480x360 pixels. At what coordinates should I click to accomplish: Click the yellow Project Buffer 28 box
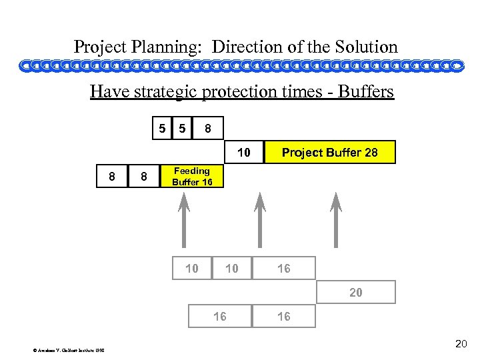click(330, 153)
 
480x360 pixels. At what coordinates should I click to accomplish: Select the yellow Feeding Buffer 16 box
click(191, 177)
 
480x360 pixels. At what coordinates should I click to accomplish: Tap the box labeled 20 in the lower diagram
click(355, 292)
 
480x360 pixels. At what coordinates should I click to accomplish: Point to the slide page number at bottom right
click(461, 344)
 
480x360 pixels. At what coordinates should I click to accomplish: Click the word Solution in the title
click(365, 47)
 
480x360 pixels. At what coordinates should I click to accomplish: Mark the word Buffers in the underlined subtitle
click(366, 91)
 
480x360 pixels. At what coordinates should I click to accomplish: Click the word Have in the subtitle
click(107, 91)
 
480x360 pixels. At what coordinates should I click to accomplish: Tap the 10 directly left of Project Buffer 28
click(244, 153)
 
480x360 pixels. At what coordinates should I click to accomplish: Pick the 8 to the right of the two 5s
click(208, 127)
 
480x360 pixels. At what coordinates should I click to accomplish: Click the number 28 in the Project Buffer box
click(370, 153)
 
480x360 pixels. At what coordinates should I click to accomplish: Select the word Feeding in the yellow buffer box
click(191, 171)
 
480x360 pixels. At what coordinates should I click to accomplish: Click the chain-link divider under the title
click(240, 66)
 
